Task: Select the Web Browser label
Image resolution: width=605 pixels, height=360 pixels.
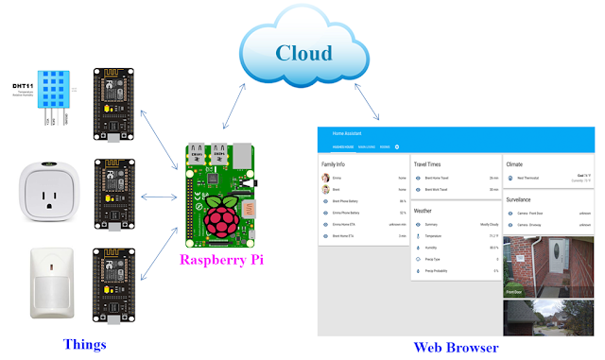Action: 456,347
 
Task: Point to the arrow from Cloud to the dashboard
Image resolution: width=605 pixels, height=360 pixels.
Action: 365,99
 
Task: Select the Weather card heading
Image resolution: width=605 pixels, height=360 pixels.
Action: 423,211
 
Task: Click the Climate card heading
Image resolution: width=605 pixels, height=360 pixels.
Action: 515,163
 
